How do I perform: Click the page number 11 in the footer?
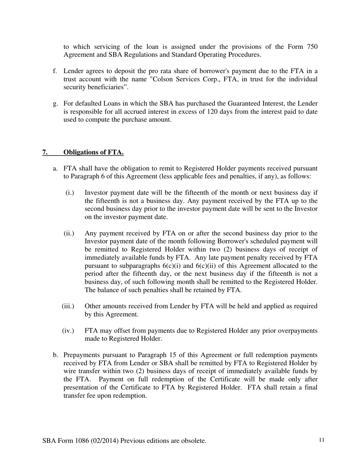[x=322, y=440]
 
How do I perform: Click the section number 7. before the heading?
[x=45, y=152]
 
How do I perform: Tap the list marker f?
[x=55, y=71]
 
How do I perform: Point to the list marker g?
[x=55, y=103]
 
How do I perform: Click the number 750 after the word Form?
[x=311, y=47]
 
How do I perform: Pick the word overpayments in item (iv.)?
[x=297, y=331]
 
